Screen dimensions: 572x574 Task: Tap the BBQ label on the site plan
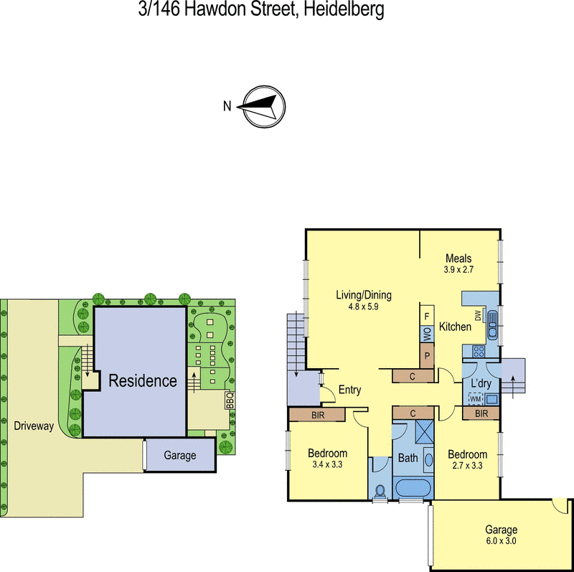point(230,400)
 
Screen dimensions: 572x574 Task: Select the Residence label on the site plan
point(142,380)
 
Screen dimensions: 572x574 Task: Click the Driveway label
point(34,426)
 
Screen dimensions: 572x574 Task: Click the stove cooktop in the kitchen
point(476,351)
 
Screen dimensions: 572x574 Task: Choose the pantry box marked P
point(426,356)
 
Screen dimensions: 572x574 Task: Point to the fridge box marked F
point(426,315)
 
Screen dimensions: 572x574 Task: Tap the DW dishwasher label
point(476,315)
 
